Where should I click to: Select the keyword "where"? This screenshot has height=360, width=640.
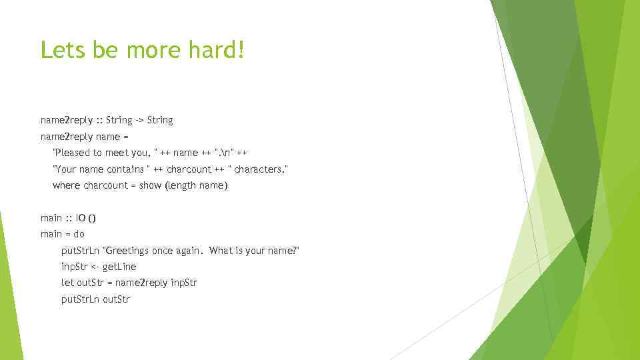tap(66, 185)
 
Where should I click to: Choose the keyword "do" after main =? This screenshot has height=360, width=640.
tap(79, 234)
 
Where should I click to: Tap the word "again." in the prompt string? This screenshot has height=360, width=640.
tap(188, 251)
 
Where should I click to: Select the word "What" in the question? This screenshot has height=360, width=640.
tap(220, 251)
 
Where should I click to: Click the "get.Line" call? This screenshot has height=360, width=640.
tap(119, 267)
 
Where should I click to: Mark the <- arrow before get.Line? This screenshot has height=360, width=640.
tap(94, 267)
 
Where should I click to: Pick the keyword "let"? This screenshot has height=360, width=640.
tap(67, 283)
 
